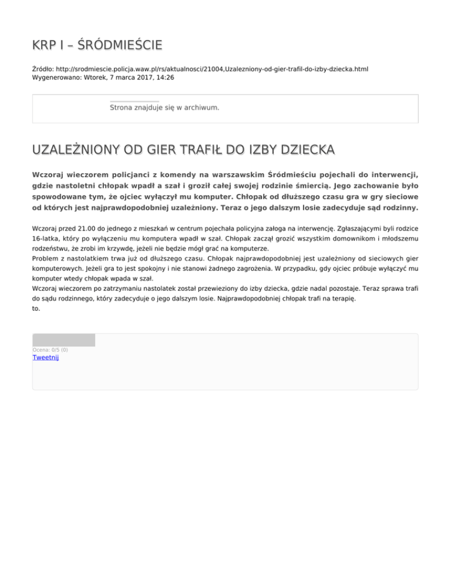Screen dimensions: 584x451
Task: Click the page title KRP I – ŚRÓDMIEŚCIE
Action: tap(97, 45)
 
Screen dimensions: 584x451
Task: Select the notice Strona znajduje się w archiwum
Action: tap(164, 108)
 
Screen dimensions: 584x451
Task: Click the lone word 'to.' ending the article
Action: tap(36, 308)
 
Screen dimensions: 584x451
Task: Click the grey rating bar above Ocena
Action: tap(63, 340)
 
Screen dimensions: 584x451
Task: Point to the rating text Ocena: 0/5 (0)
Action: tap(50, 350)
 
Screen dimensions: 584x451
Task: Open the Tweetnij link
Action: tap(45, 357)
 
